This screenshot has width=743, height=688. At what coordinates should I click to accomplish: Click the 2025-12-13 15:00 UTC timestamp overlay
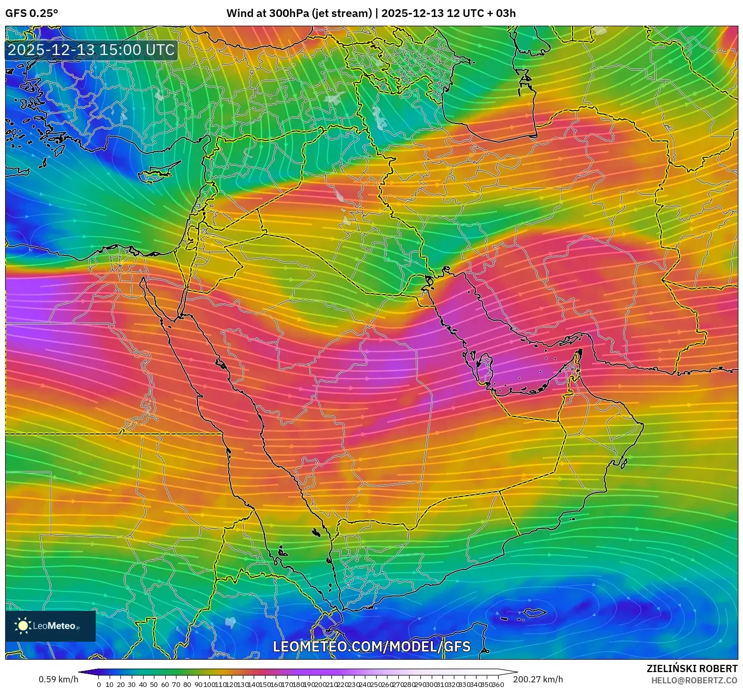click(x=91, y=50)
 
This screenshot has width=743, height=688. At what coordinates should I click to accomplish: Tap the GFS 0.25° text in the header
click(x=31, y=13)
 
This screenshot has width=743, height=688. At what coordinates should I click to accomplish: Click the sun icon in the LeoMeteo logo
click(x=23, y=626)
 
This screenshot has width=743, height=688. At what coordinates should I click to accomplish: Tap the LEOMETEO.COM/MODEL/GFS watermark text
click(x=371, y=646)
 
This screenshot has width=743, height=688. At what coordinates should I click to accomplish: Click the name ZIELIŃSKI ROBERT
click(x=692, y=668)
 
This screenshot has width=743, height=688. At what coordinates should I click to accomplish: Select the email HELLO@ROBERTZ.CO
click(x=694, y=680)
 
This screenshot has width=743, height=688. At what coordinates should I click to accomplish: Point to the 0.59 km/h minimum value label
click(x=58, y=679)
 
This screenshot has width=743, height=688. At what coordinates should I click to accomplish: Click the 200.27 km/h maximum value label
click(x=538, y=679)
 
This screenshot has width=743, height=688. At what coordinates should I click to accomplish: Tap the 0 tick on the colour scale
click(x=99, y=684)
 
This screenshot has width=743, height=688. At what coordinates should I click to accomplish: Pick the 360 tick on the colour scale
click(x=498, y=684)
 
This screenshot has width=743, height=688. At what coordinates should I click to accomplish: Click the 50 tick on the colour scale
click(x=154, y=684)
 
